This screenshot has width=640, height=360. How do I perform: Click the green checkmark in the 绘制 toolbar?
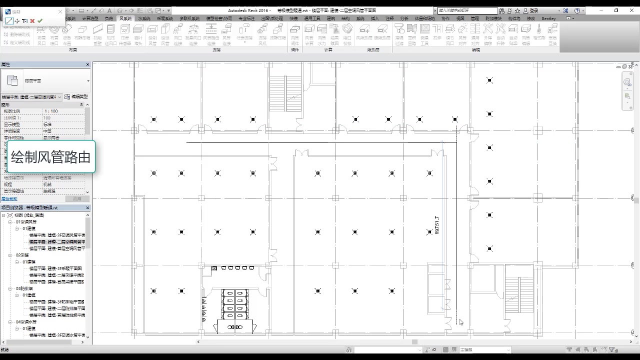(x=39, y=21)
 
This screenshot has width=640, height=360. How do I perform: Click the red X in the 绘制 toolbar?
(x=32, y=21)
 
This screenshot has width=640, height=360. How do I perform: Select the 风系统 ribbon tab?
(x=125, y=18)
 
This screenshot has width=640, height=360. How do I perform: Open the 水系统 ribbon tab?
(x=144, y=18)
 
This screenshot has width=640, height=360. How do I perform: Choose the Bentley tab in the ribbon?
(x=548, y=18)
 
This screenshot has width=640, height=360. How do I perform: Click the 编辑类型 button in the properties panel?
(x=76, y=96)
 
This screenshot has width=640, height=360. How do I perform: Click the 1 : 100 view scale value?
(x=51, y=111)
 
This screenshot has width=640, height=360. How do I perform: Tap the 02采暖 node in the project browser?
(x=22, y=255)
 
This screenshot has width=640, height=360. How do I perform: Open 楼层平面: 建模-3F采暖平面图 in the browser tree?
(x=56, y=268)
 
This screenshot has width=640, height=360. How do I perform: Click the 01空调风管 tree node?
(x=26, y=221)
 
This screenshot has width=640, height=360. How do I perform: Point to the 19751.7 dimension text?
(x=437, y=225)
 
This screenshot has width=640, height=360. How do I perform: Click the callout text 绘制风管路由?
(x=50, y=157)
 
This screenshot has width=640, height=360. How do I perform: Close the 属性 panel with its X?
(x=87, y=64)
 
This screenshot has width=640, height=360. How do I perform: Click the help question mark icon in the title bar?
(x=577, y=10)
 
